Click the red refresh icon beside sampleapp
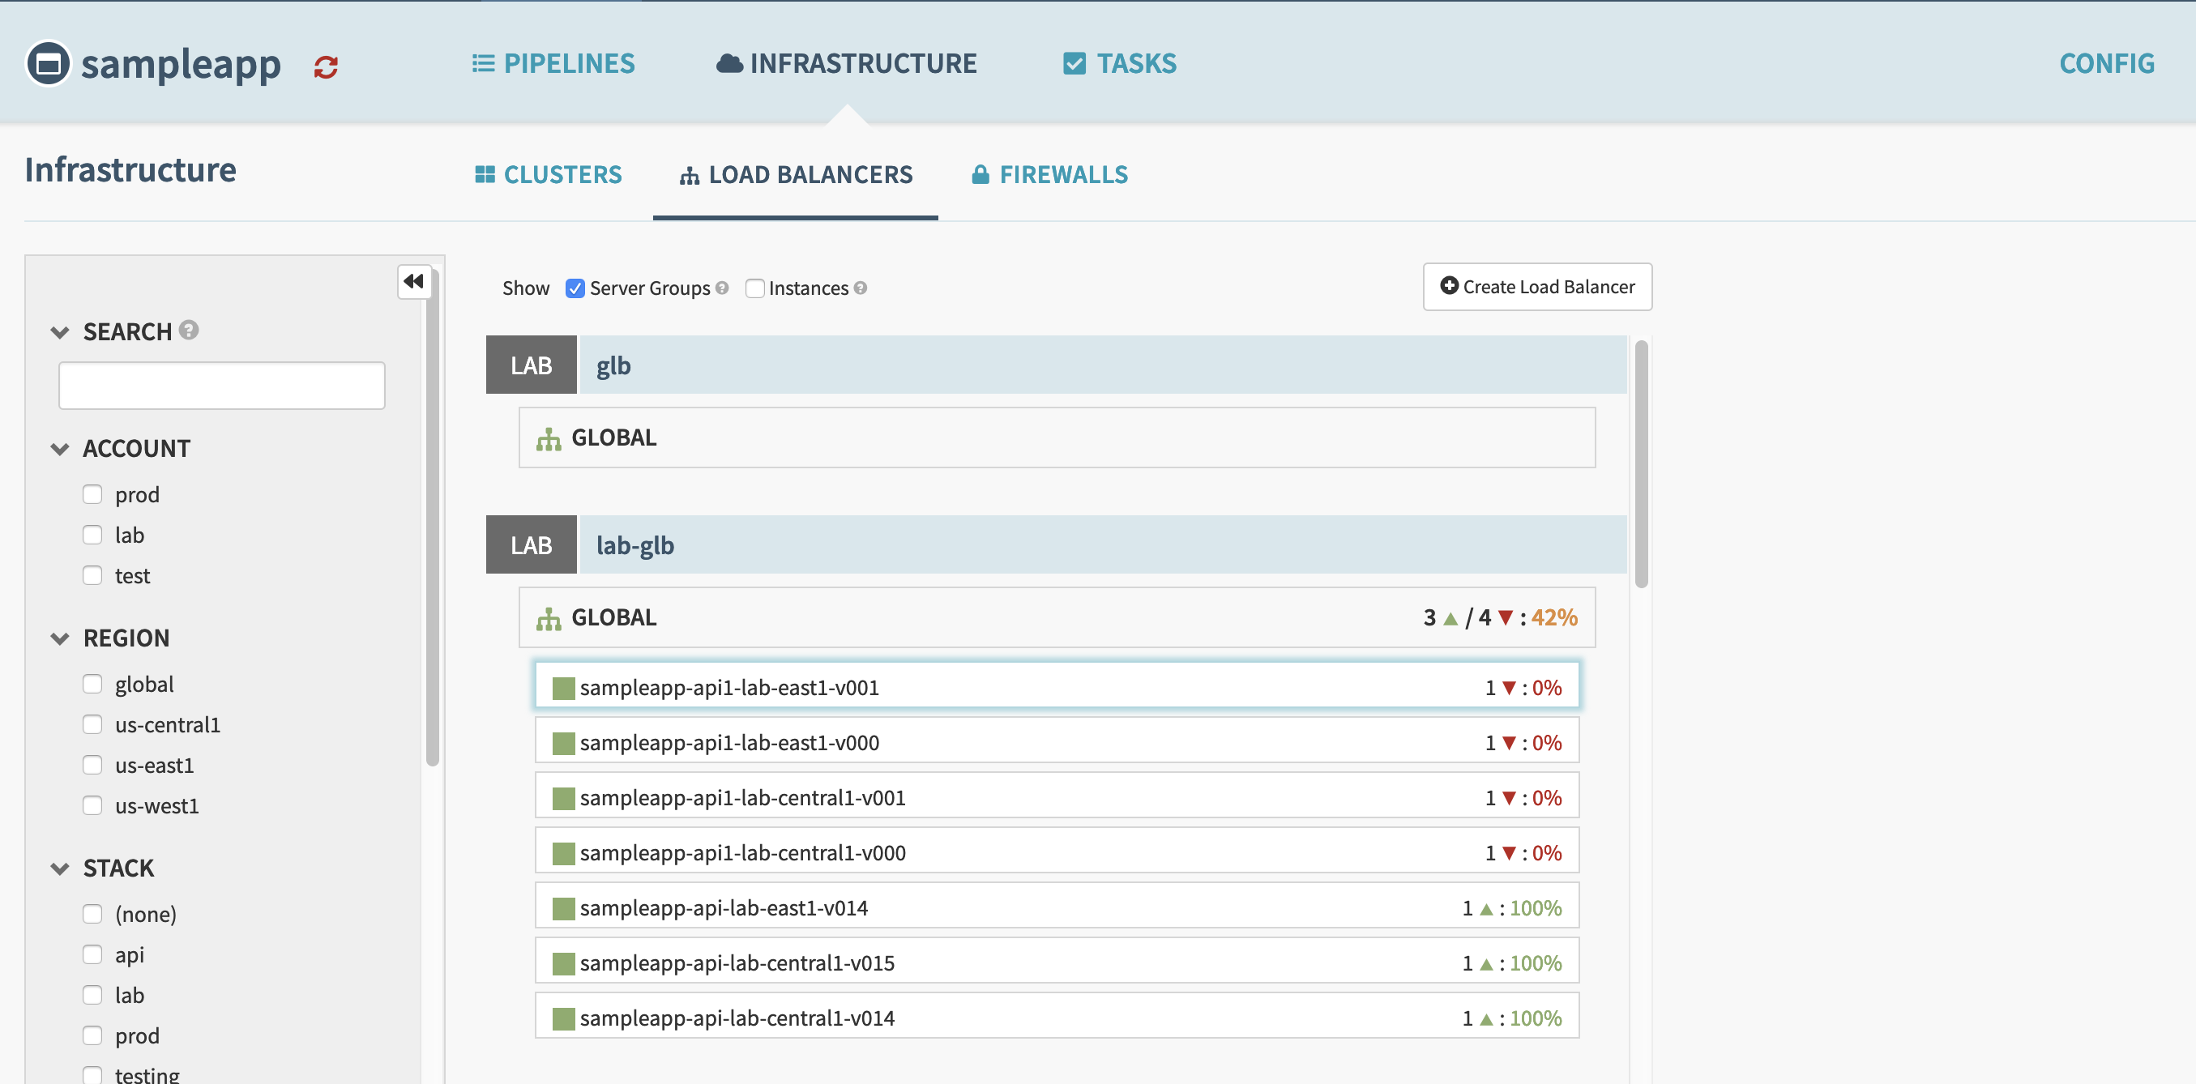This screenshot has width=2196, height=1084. pyautogui.click(x=326, y=66)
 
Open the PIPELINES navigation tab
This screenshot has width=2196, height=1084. pyautogui.click(x=553, y=63)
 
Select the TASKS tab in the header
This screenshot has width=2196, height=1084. pyautogui.click(x=1119, y=63)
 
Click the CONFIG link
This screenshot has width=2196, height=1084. pyautogui.click(x=2105, y=63)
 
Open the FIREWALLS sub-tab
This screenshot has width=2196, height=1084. pyautogui.click(x=1049, y=175)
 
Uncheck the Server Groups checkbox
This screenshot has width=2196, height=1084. pyautogui.click(x=575, y=288)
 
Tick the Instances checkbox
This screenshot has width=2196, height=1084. pyautogui.click(x=754, y=288)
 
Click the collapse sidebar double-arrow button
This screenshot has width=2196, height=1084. pyautogui.click(x=414, y=281)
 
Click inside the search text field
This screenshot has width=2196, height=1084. pyautogui.click(x=222, y=385)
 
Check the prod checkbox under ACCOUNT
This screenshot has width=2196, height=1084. pyautogui.click(x=92, y=494)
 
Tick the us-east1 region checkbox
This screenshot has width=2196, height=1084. pyautogui.click(x=92, y=765)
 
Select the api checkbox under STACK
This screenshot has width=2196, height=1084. pyautogui.click(x=92, y=954)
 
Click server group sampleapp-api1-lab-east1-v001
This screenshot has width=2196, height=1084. pyautogui.click(x=728, y=687)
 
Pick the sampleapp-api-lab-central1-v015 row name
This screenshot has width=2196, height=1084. pyautogui.click(x=737, y=963)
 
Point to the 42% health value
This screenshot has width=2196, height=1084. pyautogui.click(x=1553, y=617)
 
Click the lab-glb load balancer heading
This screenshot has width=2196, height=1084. pyautogui.click(x=635, y=544)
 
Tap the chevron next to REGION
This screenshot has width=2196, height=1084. pyautogui.click(x=60, y=638)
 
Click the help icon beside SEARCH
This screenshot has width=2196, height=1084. pyautogui.click(x=190, y=330)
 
